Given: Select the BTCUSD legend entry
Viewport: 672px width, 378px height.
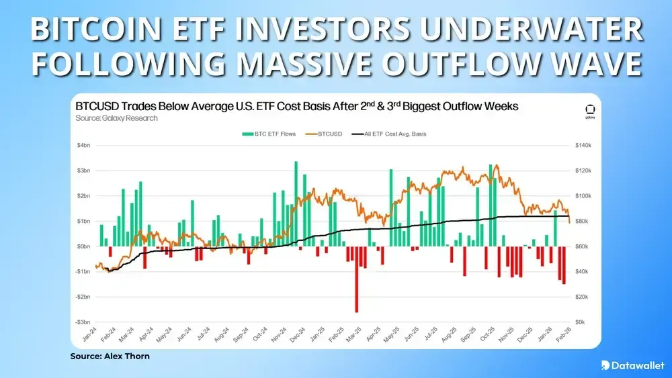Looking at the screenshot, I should click(327, 134).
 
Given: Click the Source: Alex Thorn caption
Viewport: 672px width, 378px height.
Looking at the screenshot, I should click(110, 356).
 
